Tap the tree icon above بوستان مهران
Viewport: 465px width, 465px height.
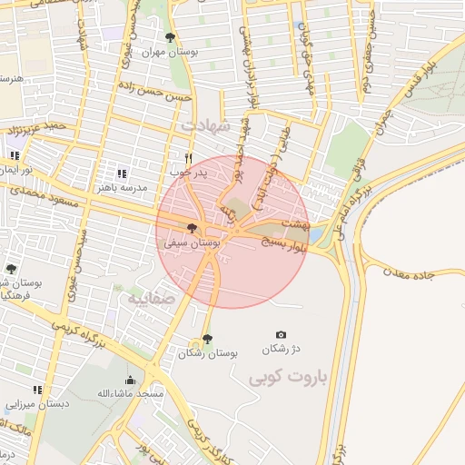170,37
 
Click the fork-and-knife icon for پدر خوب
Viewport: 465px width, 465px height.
188,157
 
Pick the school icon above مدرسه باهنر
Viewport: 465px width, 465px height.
123,173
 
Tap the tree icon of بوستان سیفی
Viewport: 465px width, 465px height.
192,228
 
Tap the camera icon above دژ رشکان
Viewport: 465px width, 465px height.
280,335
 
